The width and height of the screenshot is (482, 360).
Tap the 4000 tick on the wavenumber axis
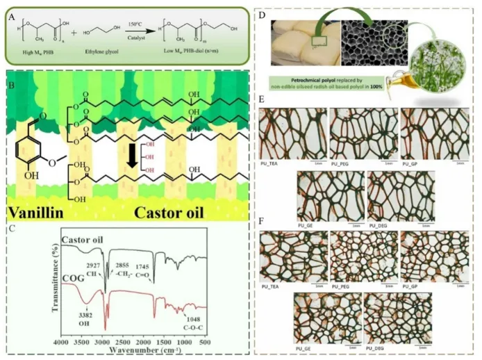click(x=61, y=343)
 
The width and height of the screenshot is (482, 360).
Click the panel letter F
click(x=260, y=224)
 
